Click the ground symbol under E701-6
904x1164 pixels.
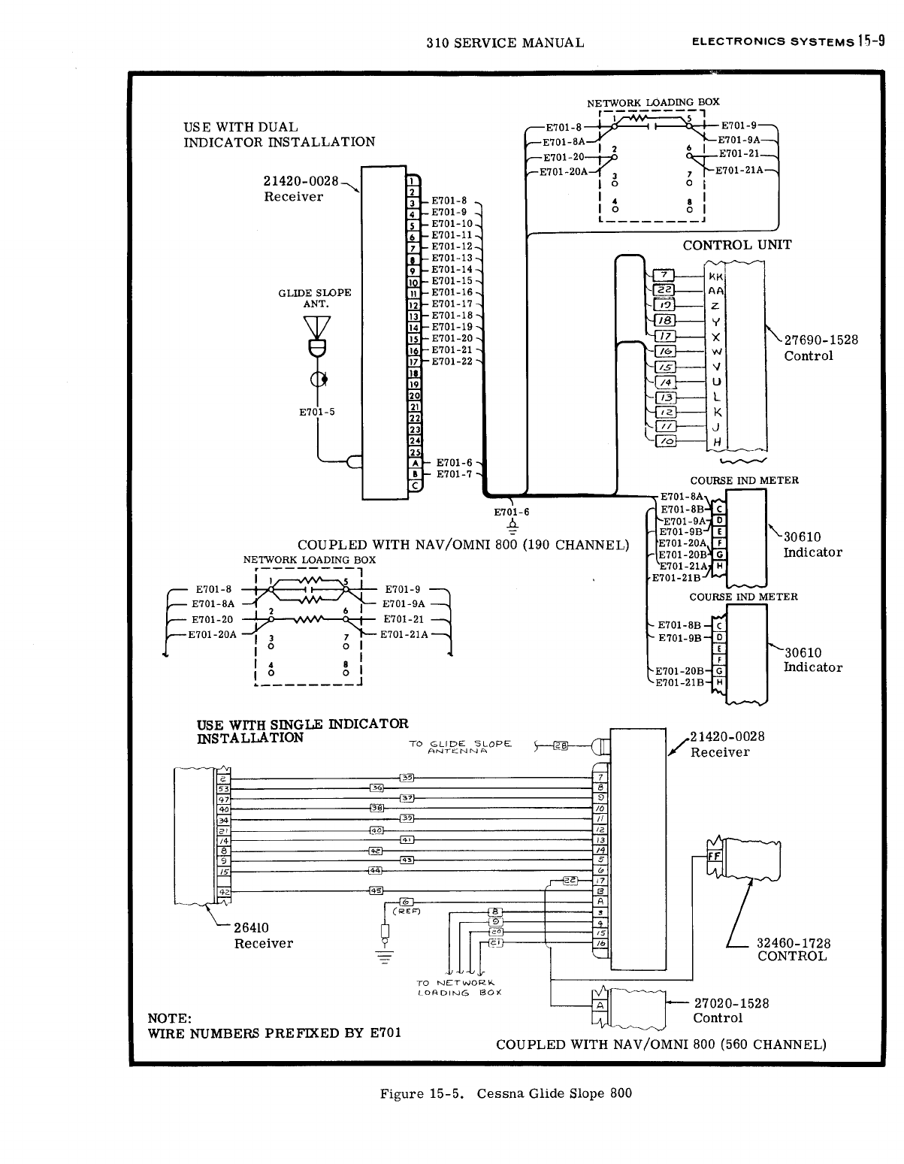click(x=512, y=526)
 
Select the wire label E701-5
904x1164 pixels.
click(x=316, y=412)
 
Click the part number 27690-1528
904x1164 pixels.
click(x=821, y=340)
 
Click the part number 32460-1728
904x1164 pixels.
click(x=793, y=942)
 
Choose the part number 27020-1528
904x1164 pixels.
click(x=731, y=1003)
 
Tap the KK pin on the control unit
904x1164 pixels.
click(x=715, y=276)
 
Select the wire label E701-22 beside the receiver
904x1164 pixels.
click(x=452, y=361)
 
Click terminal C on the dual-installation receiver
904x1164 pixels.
click(x=413, y=485)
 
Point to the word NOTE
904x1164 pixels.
click(x=171, y=1018)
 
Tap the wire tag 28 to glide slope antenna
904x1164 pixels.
click(x=561, y=745)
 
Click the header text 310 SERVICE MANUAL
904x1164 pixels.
click(x=504, y=43)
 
